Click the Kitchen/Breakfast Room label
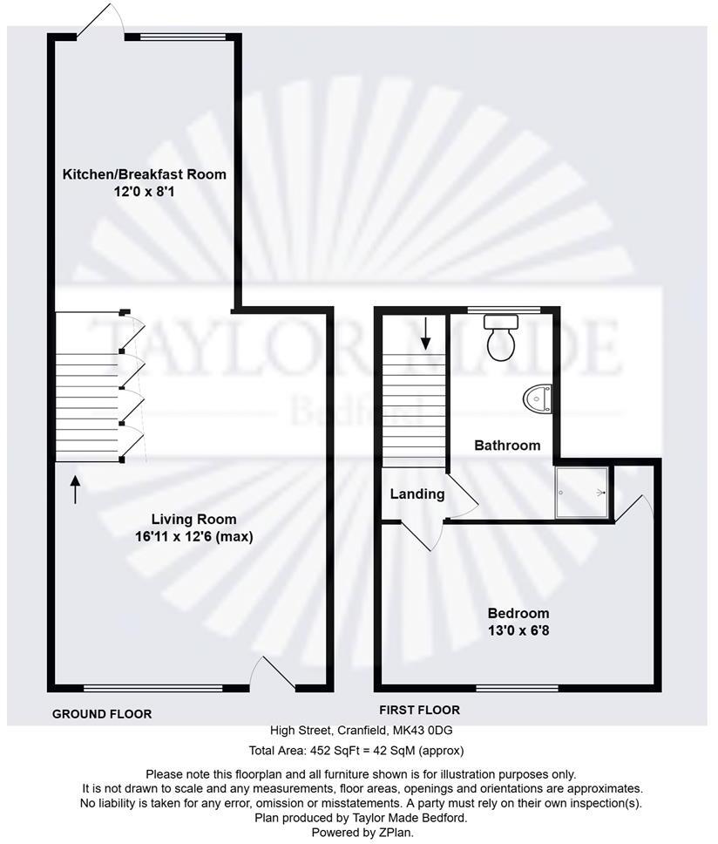coord(144,174)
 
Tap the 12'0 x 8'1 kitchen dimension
coord(144,191)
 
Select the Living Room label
coord(181,520)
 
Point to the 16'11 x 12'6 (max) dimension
coord(187,536)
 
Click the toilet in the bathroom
coord(501,338)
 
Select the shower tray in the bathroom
coord(582,493)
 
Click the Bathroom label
coord(506,446)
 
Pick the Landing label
coord(417,494)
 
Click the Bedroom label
coord(518,612)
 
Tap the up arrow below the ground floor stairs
coord(75,489)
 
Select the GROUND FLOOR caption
coord(102,714)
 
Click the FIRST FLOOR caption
coord(419,710)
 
